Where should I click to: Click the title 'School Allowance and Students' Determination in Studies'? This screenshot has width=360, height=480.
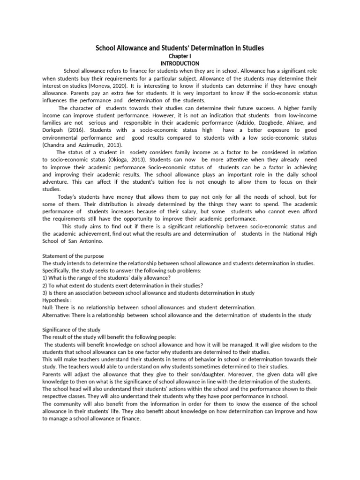tap(180, 48)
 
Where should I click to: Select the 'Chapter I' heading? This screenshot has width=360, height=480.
tap(180, 56)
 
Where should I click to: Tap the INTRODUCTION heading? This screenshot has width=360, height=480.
tap(180, 63)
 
